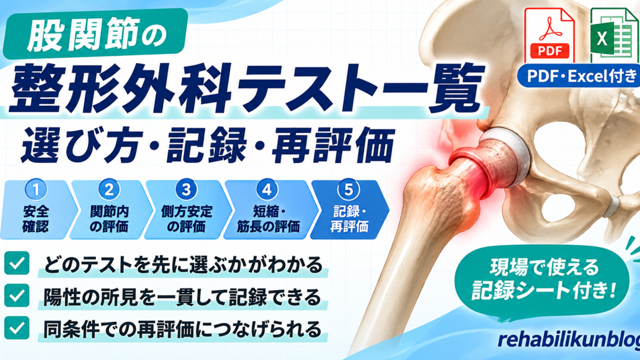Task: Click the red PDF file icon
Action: pos(549,35)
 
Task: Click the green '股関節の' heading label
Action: pos(96,34)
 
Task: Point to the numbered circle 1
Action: pos(36,190)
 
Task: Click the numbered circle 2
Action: pos(109,190)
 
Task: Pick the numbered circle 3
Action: pos(186,190)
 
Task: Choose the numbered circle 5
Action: pos(349,190)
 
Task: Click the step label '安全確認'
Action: pos(36,219)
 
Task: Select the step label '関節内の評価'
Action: pos(109,219)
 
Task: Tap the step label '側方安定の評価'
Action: pos(186,219)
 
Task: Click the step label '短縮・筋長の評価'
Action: pos(268,219)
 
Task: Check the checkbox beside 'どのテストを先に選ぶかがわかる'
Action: pos(17,263)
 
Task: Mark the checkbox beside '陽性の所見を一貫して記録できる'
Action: pos(17,296)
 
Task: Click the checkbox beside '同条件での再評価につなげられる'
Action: pos(17,328)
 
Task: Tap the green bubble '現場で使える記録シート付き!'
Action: pos(543,279)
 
